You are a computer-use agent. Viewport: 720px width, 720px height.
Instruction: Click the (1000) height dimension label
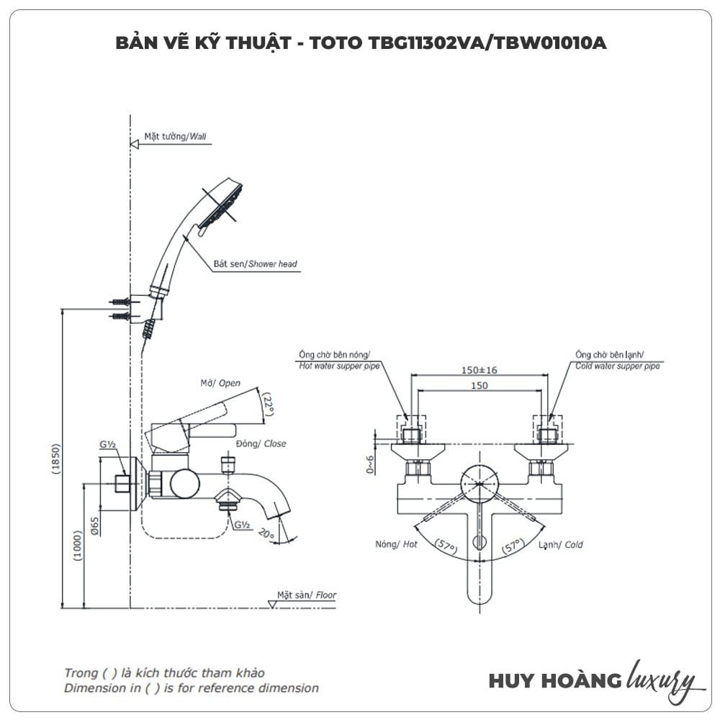(78, 546)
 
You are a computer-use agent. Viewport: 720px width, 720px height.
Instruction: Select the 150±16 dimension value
(479, 370)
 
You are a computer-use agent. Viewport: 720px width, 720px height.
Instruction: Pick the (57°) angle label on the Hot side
(446, 548)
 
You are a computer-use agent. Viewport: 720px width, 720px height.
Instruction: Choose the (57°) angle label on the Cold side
(513, 548)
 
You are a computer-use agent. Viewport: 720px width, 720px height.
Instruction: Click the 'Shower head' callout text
(273, 264)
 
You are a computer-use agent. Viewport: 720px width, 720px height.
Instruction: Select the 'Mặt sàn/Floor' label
(307, 595)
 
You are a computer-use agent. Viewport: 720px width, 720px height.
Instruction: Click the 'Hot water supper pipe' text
(335, 366)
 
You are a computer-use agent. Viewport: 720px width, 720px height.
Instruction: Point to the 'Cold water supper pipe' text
(617, 366)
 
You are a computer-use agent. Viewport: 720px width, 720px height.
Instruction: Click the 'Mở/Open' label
(220, 383)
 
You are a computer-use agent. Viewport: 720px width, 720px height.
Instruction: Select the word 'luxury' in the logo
(661, 679)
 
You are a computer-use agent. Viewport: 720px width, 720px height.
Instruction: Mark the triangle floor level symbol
(271, 604)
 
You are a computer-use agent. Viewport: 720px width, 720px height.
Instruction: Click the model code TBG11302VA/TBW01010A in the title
(487, 43)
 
